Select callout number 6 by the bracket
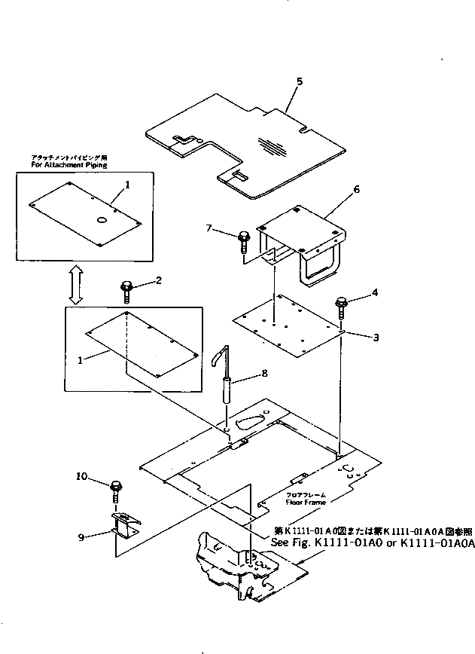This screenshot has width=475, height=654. (x=356, y=190)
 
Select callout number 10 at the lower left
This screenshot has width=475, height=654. (x=82, y=476)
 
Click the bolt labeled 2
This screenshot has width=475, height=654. (x=126, y=289)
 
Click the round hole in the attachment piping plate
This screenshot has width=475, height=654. (x=102, y=220)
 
